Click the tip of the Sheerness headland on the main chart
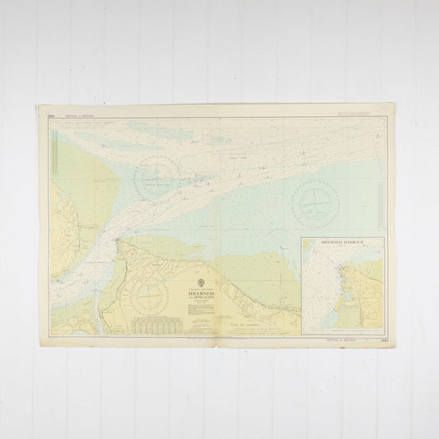tap(120, 241)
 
